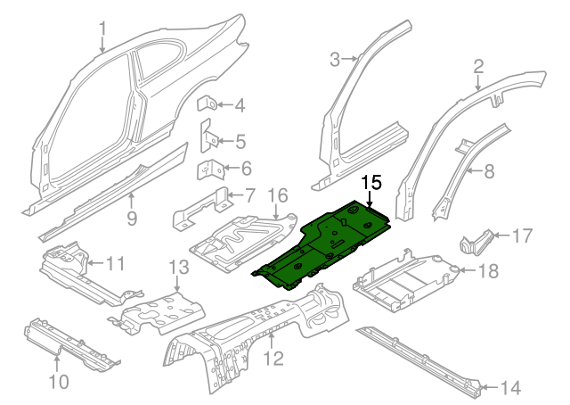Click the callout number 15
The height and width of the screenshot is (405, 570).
click(370, 183)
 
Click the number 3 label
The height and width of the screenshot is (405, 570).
click(335, 60)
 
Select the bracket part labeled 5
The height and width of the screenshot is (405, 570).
click(211, 139)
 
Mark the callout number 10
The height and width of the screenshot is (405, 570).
click(57, 383)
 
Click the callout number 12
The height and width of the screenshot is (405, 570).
click(273, 360)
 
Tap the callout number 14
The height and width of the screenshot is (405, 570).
click(509, 387)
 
